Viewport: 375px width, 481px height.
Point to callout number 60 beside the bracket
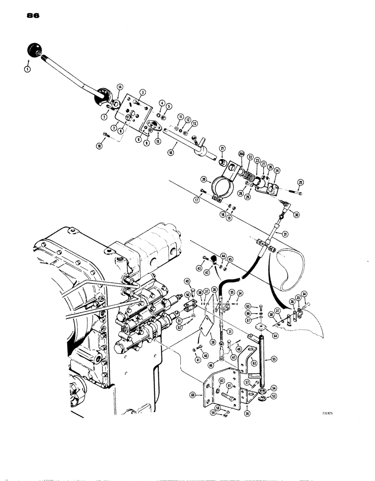pyautogui.click(x=193, y=395)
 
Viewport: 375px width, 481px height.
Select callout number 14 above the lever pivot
pyautogui.click(x=120, y=87)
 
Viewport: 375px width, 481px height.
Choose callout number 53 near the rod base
pyautogui.click(x=273, y=396)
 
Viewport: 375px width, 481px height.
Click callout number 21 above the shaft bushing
pyautogui.click(x=223, y=148)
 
